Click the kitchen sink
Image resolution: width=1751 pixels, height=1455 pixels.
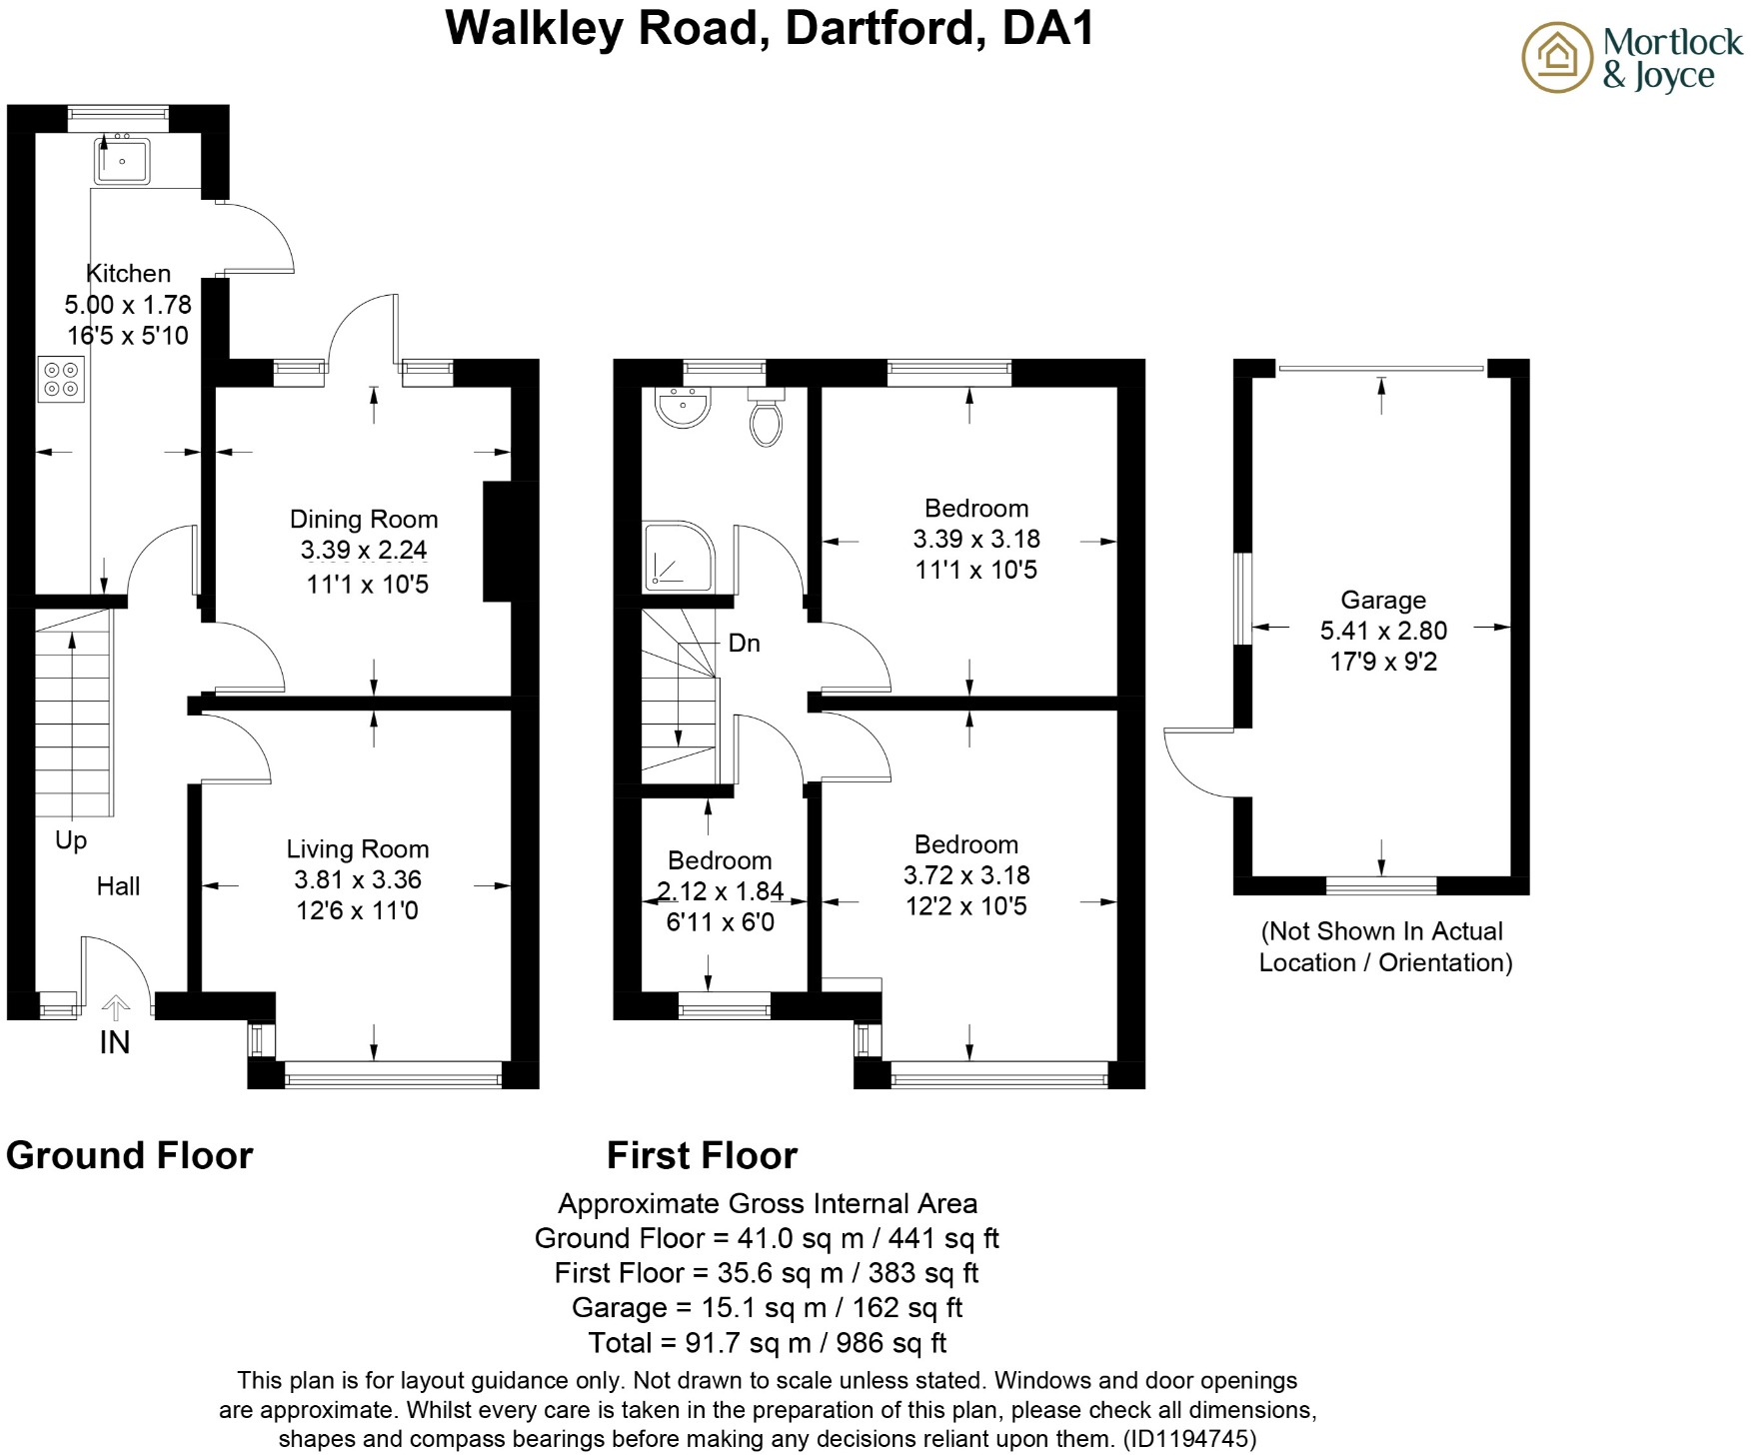point(122,160)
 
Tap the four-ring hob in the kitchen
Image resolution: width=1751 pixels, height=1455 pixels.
point(61,379)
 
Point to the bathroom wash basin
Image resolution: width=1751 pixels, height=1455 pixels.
point(682,408)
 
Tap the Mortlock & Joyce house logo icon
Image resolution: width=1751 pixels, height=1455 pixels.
point(1556,57)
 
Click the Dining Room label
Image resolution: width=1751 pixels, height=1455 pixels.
point(364,520)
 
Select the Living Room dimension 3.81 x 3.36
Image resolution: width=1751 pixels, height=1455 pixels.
point(358,879)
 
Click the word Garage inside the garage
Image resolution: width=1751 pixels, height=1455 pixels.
point(1383,600)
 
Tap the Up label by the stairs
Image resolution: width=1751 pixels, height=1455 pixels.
point(71,840)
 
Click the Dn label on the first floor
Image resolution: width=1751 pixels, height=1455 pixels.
point(744,644)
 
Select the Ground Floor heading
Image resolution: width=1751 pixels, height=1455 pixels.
point(130,1156)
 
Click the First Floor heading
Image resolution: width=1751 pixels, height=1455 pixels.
point(702,1156)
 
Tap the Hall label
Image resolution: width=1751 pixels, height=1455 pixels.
point(118,885)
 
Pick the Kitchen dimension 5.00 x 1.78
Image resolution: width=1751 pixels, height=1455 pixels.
point(128,305)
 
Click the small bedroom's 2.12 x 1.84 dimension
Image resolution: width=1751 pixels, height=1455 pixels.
point(720,890)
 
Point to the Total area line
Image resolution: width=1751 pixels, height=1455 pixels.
point(767,1342)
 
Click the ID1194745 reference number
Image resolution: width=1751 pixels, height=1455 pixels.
point(1189,1439)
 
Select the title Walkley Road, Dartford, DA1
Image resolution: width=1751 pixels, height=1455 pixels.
point(769,28)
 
